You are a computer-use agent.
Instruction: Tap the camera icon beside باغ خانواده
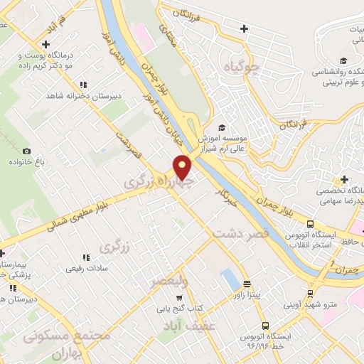pos(27,151)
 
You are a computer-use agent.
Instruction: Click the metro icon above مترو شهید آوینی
pos(310,292)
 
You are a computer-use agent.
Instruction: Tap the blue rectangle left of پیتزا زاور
pos(229,278)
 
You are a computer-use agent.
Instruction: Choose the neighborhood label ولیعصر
pos(169,282)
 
